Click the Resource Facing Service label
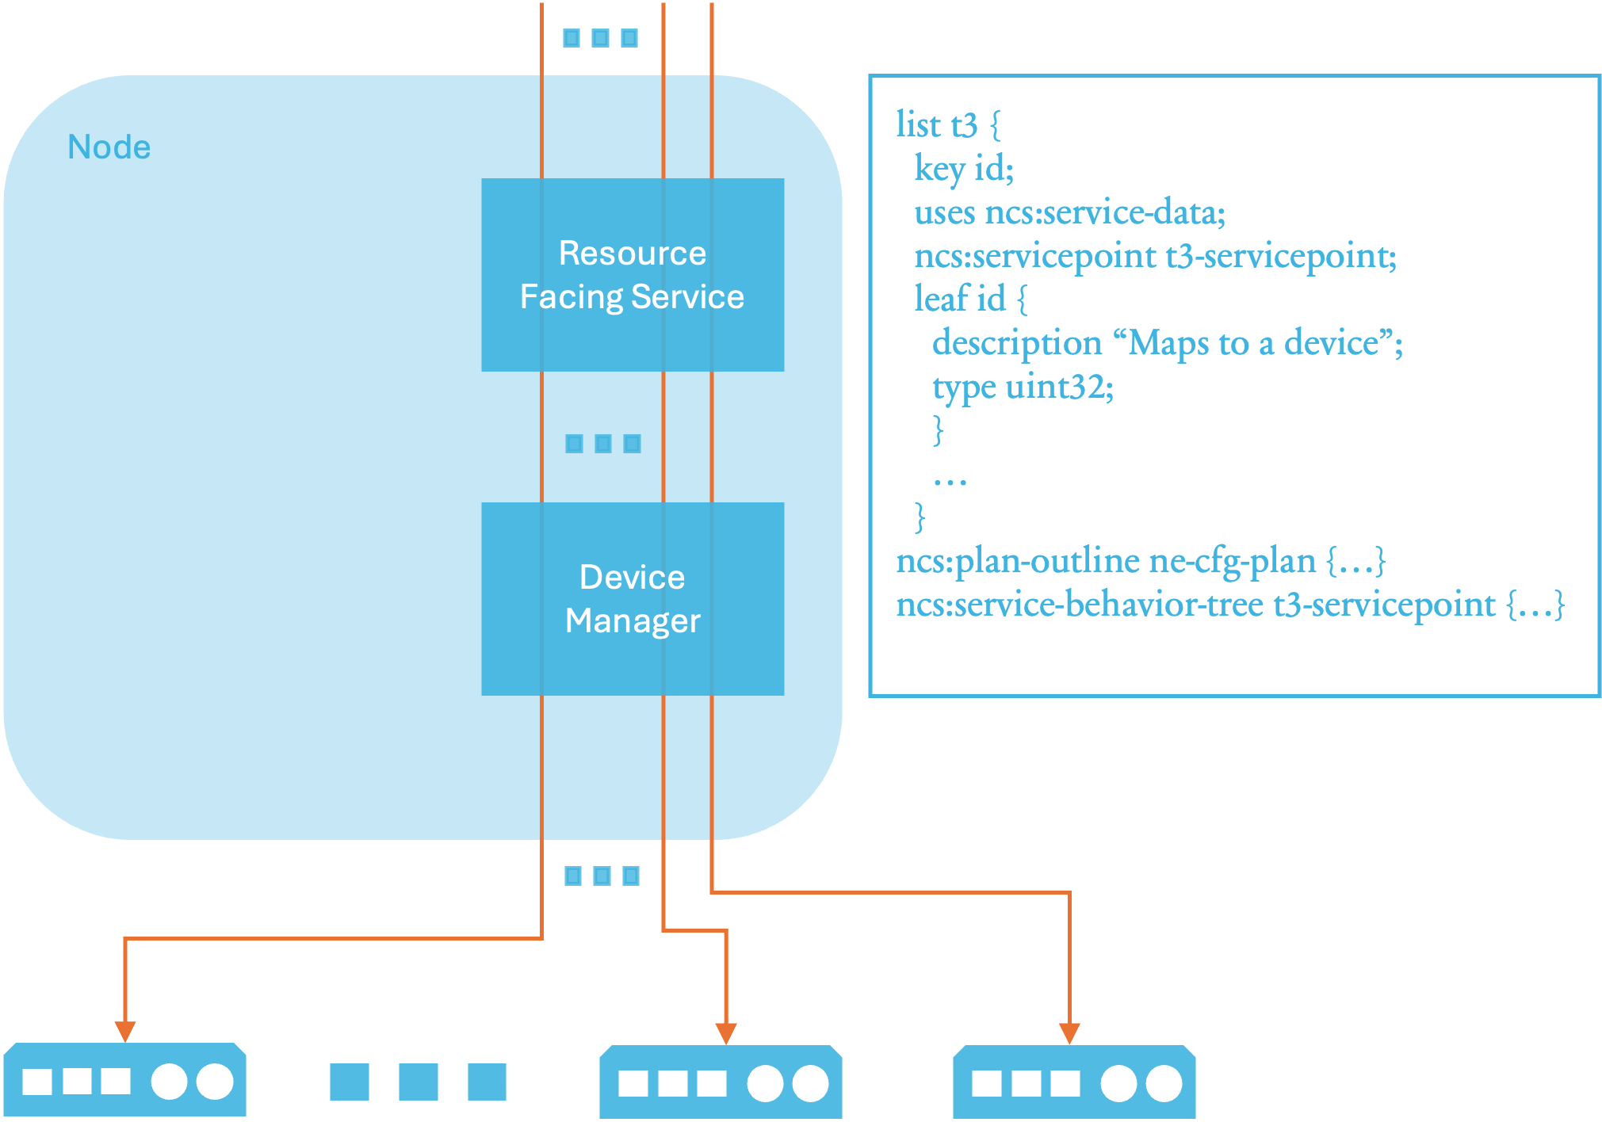click(x=632, y=275)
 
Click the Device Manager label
click(x=632, y=599)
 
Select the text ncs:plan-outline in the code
click(x=1017, y=561)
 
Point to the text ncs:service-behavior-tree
click(x=1079, y=605)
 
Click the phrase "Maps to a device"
click(x=1252, y=343)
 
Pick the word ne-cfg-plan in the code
click(x=1232, y=561)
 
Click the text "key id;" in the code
click(x=963, y=169)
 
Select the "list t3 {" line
click(x=948, y=125)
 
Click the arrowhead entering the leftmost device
click(x=125, y=1031)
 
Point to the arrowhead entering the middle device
click(x=726, y=1032)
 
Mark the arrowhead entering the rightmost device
click(x=1069, y=1032)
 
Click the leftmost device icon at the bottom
click(x=124, y=1081)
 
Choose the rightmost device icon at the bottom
click(x=1073, y=1082)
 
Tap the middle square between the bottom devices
click(x=418, y=1082)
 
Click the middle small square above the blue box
click(x=600, y=37)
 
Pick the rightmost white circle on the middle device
click(x=810, y=1083)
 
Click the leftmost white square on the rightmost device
click(x=986, y=1083)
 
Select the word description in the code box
click(x=1016, y=343)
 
